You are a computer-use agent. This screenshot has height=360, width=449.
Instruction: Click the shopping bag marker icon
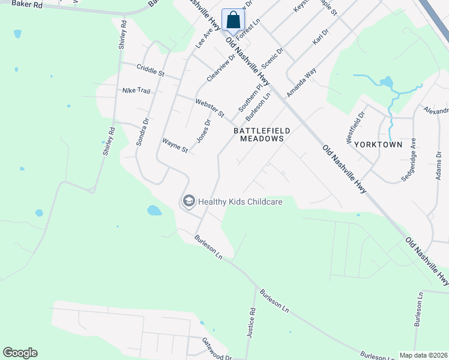[x=233, y=20]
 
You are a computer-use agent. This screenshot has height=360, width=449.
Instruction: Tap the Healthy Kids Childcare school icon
[x=189, y=202]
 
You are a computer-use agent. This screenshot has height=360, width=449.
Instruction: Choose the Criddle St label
[x=150, y=71]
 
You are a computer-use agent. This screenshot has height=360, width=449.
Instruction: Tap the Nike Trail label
[x=136, y=91]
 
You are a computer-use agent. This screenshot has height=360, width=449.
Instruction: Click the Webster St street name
[x=209, y=108]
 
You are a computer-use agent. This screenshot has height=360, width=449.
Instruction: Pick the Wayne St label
[x=175, y=146]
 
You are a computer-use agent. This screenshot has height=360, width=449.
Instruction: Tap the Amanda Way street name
[x=301, y=83]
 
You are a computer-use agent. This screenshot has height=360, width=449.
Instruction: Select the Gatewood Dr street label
[x=217, y=349]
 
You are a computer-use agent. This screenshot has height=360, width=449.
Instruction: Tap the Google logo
[x=20, y=353]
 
